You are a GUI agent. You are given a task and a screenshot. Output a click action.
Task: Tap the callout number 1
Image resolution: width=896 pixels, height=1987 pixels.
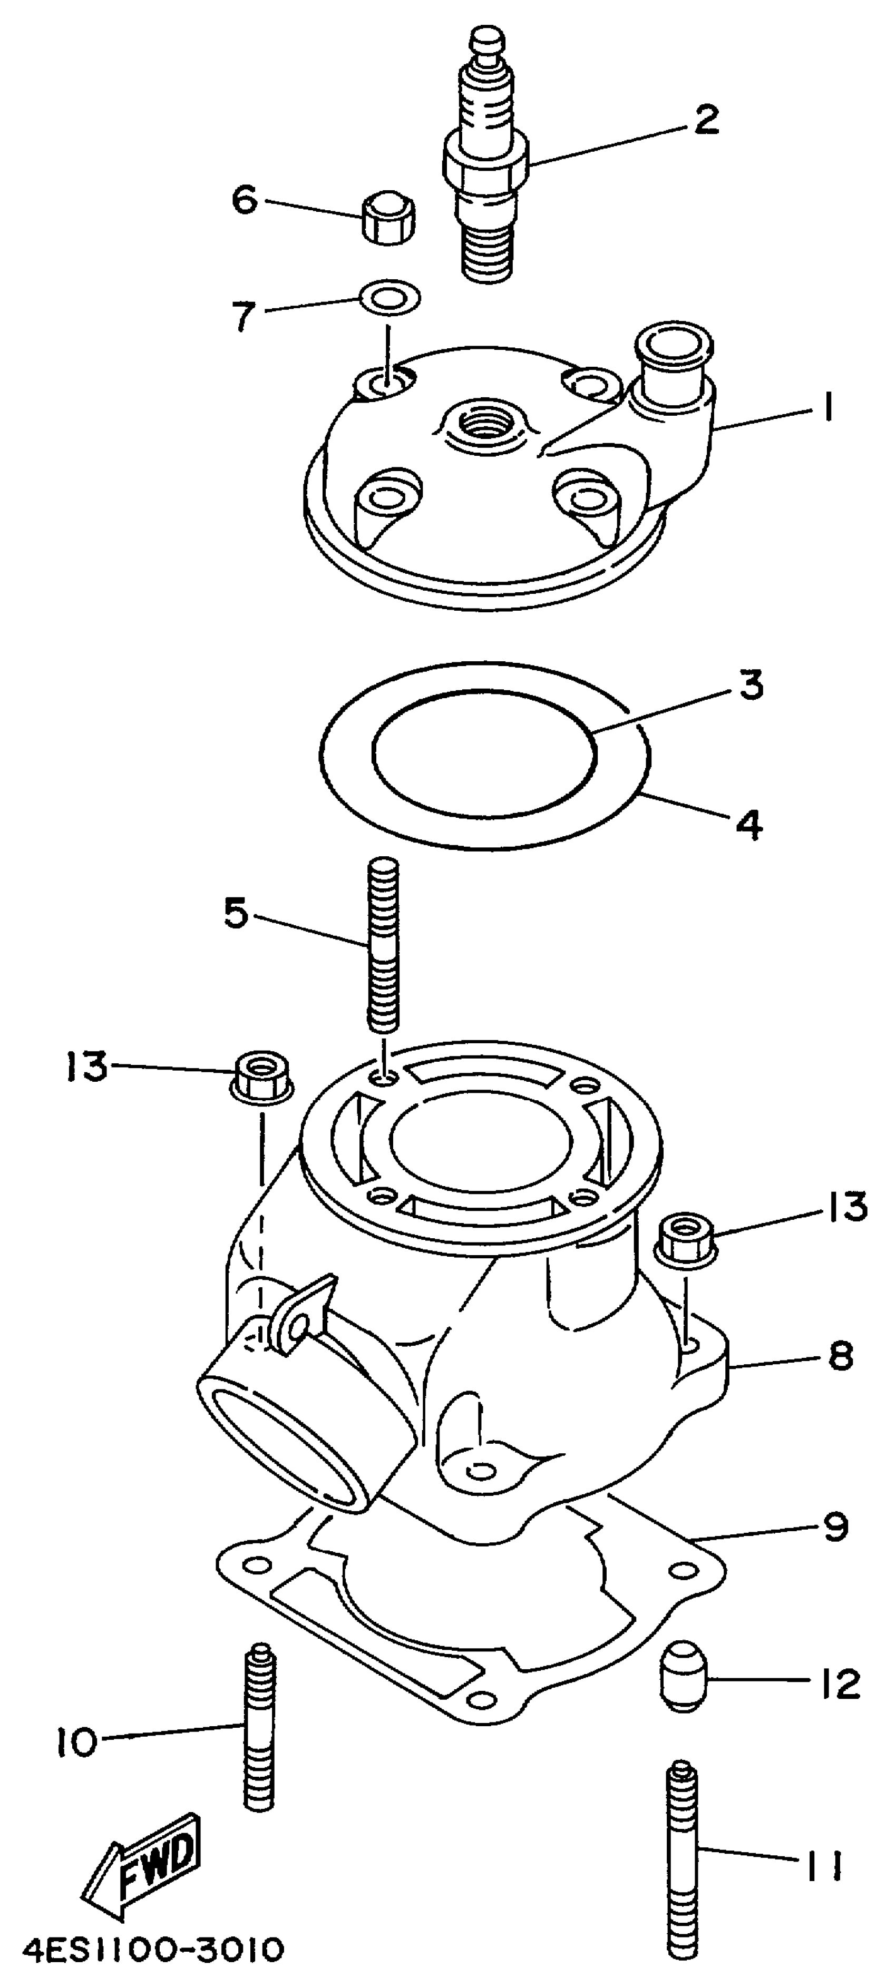click(826, 406)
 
